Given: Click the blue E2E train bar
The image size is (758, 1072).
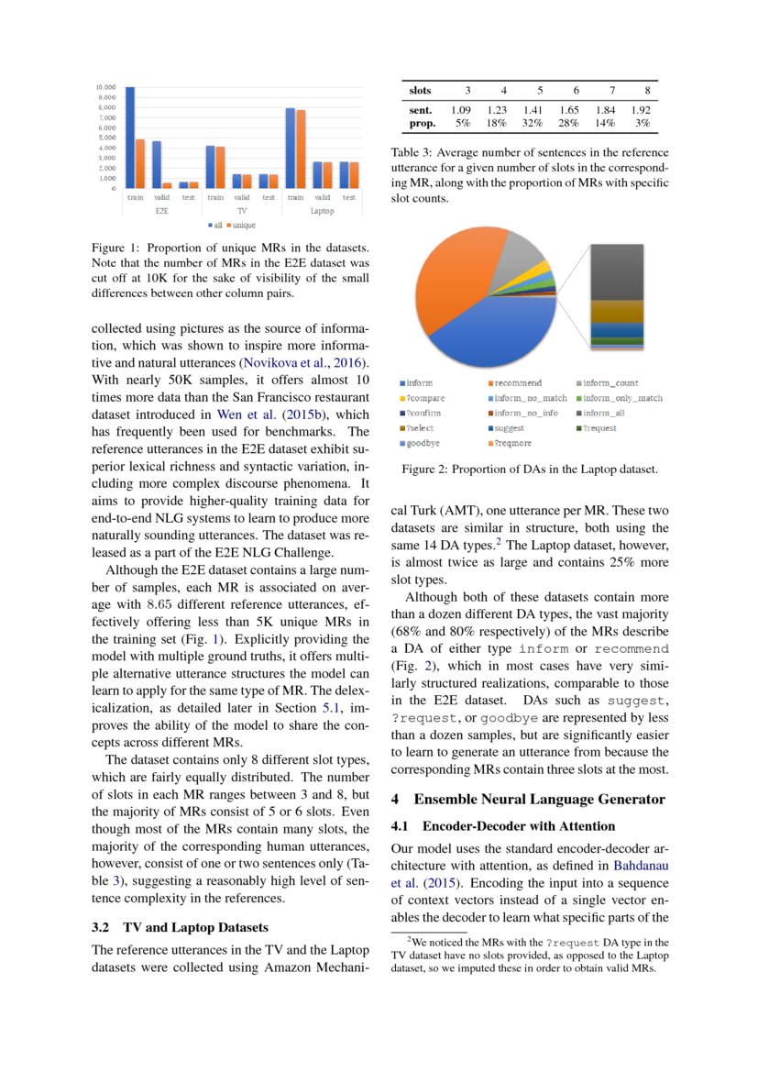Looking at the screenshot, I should (130, 138).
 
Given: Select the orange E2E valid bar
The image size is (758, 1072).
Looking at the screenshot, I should (167, 185).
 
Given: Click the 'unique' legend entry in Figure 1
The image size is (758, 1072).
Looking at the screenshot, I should (241, 225).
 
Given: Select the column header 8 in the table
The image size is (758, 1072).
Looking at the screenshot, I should (647, 90).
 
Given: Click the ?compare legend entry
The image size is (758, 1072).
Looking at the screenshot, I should (424, 398).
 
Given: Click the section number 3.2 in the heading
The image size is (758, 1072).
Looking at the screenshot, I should (103, 927).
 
